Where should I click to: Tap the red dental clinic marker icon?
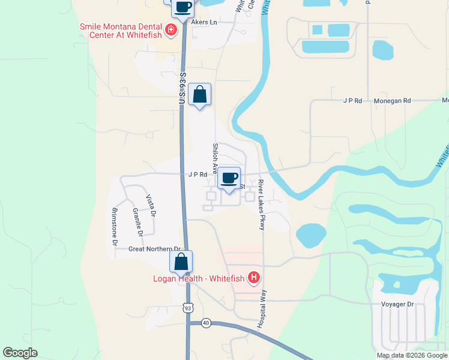(x=171, y=29)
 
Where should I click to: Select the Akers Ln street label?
(x=203, y=22)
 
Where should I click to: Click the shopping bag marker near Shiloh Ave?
(x=200, y=95)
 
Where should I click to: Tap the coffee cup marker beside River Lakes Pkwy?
(x=229, y=178)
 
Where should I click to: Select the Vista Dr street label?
(x=151, y=206)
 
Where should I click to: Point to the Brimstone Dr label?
(x=115, y=226)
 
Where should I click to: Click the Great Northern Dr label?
(x=154, y=248)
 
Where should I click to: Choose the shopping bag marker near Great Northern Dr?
(x=181, y=262)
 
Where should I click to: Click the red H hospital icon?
(x=255, y=277)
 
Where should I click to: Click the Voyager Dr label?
(x=397, y=304)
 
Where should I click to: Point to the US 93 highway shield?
(x=188, y=308)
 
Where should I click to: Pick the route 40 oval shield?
(x=206, y=322)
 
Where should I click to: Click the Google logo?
(x=20, y=353)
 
